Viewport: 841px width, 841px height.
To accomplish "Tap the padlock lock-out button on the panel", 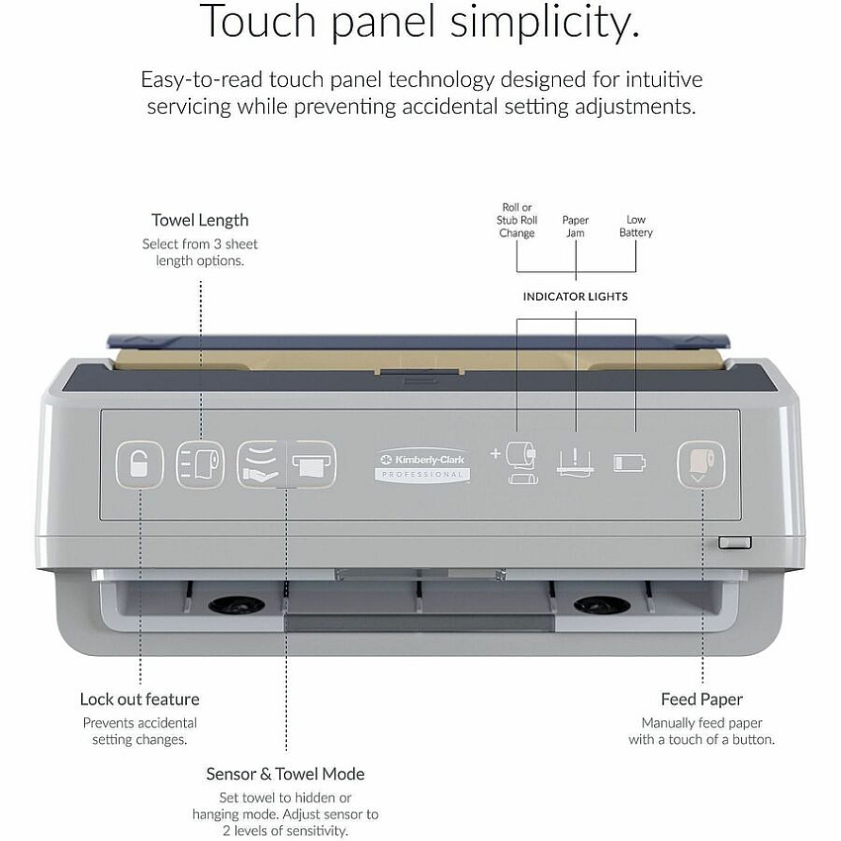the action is tap(140, 464).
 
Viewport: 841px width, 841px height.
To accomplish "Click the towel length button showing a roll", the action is tap(201, 464).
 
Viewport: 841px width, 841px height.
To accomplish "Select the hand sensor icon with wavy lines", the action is tap(261, 464).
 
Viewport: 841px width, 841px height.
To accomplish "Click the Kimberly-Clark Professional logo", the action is tap(422, 465).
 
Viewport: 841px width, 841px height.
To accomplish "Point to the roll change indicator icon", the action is tap(514, 463).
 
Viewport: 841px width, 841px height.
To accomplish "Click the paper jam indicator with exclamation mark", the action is tap(576, 463).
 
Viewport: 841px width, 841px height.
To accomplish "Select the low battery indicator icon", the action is tap(629, 463).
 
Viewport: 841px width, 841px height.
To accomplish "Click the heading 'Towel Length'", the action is tap(200, 221).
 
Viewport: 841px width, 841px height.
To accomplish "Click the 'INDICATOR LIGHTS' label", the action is tap(576, 297).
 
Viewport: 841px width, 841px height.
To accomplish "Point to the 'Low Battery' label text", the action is tap(636, 226).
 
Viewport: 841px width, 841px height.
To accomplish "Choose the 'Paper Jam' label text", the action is tap(576, 227).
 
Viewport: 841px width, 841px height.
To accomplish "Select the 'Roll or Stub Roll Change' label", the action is tap(516, 220).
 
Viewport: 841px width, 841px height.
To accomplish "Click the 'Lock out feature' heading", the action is tap(140, 700).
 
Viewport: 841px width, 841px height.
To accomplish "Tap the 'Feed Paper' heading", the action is tap(701, 700).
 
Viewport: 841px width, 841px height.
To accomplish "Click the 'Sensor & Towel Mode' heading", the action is tap(285, 774).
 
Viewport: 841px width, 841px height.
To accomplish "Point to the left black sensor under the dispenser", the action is tap(236, 605).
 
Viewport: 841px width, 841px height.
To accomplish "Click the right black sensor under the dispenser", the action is tap(602, 605).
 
